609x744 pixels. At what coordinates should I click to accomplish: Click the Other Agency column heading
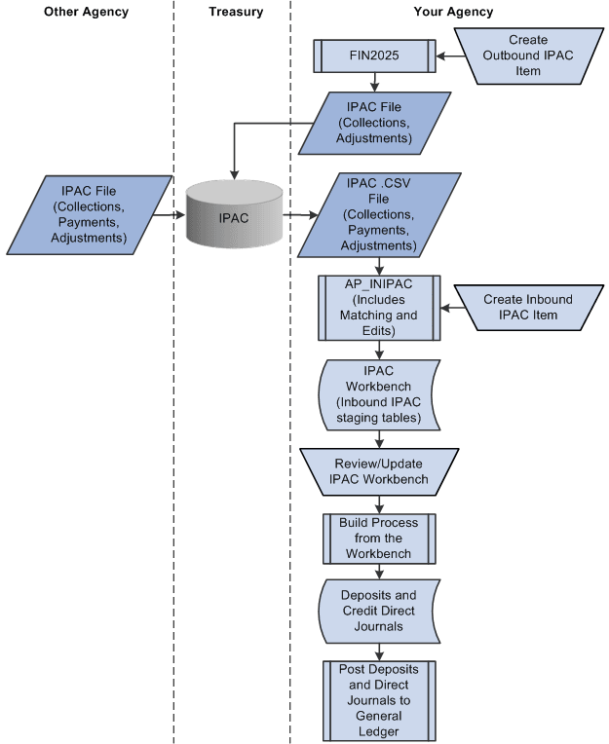pyautogui.click(x=86, y=12)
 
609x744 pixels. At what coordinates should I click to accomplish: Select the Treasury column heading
pyautogui.click(x=232, y=12)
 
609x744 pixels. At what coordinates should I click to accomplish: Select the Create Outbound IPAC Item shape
pyautogui.click(x=528, y=56)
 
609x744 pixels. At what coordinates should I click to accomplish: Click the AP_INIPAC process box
pyautogui.click(x=379, y=308)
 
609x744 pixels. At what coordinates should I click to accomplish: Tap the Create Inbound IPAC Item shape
pyautogui.click(x=527, y=308)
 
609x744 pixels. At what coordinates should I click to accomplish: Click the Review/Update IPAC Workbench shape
pyautogui.click(x=379, y=471)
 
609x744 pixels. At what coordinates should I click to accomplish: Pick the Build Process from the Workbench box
pyautogui.click(x=379, y=538)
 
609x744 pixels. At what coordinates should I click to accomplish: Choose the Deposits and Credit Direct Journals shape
pyautogui.click(x=379, y=611)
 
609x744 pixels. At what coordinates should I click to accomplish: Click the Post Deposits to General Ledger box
pyautogui.click(x=379, y=699)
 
